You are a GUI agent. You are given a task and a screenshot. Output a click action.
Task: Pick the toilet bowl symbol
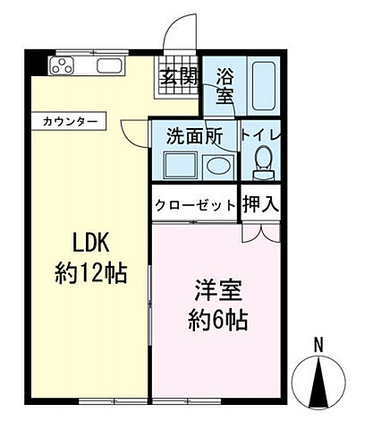tap(263, 162)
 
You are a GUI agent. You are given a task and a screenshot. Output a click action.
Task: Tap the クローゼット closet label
tap(195, 205)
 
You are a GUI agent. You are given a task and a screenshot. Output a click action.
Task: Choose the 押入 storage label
tap(261, 203)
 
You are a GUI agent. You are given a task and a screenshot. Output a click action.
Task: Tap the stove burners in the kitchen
tap(65, 65)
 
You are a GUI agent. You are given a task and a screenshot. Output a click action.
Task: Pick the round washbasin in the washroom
tap(216, 165)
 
